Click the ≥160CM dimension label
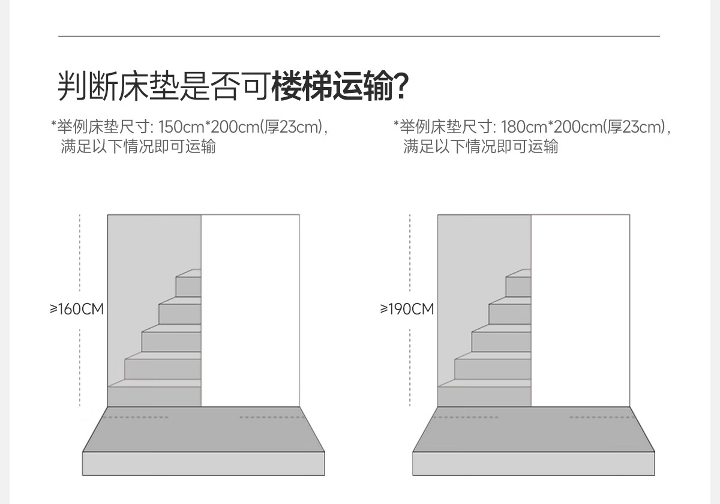click(x=77, y=309)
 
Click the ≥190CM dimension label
click(x=407, y=309)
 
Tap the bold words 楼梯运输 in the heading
click(x=332, y=86)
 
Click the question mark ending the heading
click(x=401, y=86)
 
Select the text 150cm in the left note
click(x=181, y=127)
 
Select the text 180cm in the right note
click(x=524, y=127)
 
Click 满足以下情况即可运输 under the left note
click(x=138, y=146)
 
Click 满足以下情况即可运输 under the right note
click(x=481, y=146)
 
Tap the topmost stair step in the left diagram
click(x=188, y=283)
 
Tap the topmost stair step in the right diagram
click(x=518, y=283)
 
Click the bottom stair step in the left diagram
click(x=154, y=393)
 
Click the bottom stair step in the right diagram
click(x=484, y=393)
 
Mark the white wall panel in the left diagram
click(x=250, y=311)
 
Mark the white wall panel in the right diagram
click(x=581, y=311)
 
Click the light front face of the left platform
click(x=203, y=463)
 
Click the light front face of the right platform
click(x=533, y=463)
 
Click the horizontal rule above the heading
click(x=359, y=37)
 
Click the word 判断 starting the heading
click(x=88, y=86)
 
